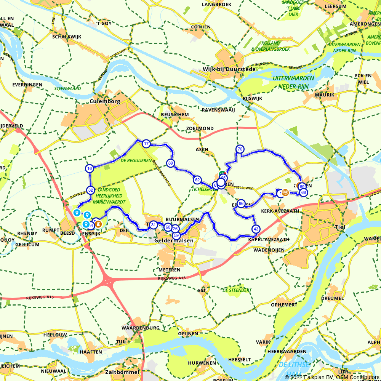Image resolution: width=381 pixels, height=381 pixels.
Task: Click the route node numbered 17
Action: coord(146,144)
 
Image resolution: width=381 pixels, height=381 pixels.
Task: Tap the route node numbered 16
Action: coord(90,168)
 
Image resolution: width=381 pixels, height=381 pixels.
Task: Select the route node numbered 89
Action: coord(170,163)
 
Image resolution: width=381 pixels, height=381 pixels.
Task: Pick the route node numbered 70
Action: coord(240,149)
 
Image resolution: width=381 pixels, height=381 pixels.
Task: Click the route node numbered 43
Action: coord(256,229)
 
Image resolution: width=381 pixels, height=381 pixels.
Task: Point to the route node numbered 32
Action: coord(90,190)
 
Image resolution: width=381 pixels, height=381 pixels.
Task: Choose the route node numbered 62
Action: coord(197,180)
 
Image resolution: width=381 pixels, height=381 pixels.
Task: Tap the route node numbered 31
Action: coord(153,225)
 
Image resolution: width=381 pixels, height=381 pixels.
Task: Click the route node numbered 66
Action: coord(241,203)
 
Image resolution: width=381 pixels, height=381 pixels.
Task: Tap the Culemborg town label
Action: coord(105,102)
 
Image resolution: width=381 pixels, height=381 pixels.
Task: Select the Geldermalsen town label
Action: coord(174,241)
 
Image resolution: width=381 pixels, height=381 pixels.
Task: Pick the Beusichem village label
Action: coord(175,114)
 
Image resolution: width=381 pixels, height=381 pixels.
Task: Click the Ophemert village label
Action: coord(284,305)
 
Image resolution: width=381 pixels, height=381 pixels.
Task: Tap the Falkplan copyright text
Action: coord(332,377)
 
